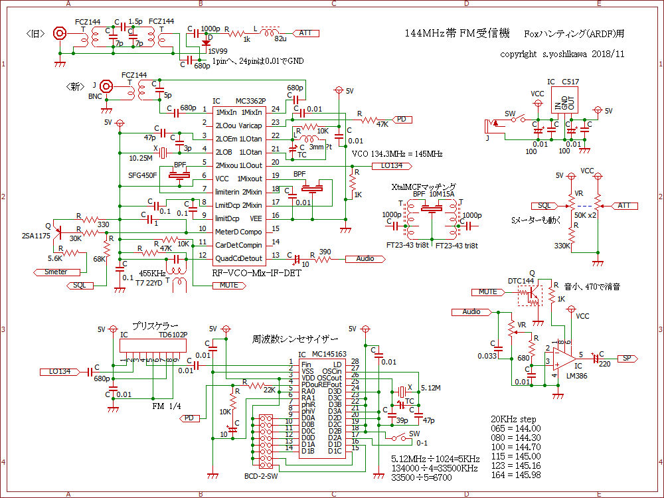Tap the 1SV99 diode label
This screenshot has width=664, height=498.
click(x=219, y=51)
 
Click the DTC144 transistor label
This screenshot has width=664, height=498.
click(x=521, y=281)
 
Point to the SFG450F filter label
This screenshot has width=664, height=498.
click(x=143, y=175)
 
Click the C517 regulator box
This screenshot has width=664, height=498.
click(x=565, y=99)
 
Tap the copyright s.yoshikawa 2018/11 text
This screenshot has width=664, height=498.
click(x=562, y=54)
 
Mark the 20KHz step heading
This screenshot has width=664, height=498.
click(x=513, y=419)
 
